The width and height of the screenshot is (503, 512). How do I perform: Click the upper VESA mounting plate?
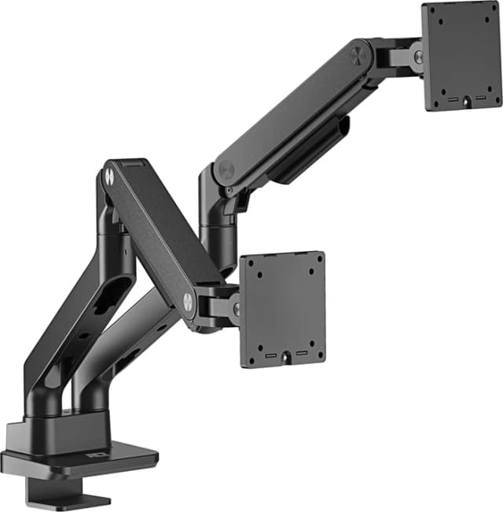tap(461, 55)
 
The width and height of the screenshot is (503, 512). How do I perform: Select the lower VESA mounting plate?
tap(282, 310)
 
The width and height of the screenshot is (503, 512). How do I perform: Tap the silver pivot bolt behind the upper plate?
tap(417, 57)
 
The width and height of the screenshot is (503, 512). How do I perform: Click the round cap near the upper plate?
tap(361, 55)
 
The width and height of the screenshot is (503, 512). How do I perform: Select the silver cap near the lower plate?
tap(189, 300)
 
